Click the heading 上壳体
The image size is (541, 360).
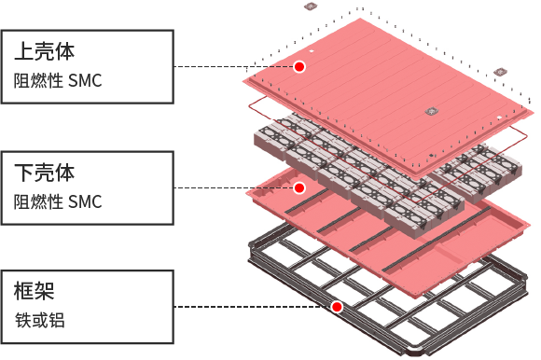point(44,50)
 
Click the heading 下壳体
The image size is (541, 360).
point(44,172)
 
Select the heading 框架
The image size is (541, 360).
point(35,290)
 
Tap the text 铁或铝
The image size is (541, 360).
point(40,320)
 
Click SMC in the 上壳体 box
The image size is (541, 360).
point(85,81)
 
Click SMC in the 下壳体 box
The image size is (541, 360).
point(85,201)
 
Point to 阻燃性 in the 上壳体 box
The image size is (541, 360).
point(38,81)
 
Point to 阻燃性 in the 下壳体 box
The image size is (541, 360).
point(38,201)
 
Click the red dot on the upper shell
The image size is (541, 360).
point(299,66)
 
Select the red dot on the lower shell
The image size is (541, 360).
point(299,187)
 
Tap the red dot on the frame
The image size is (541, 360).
point(337,307)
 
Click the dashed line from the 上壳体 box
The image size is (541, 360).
point(234,66)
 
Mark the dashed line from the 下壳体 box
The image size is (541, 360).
point(234,187)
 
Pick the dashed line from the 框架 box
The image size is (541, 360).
point(253,307)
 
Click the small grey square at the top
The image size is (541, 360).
point(311,7)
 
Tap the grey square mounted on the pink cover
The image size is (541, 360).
point(432,111)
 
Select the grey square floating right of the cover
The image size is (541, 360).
point(500,72)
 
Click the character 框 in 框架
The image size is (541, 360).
point(24,290)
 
